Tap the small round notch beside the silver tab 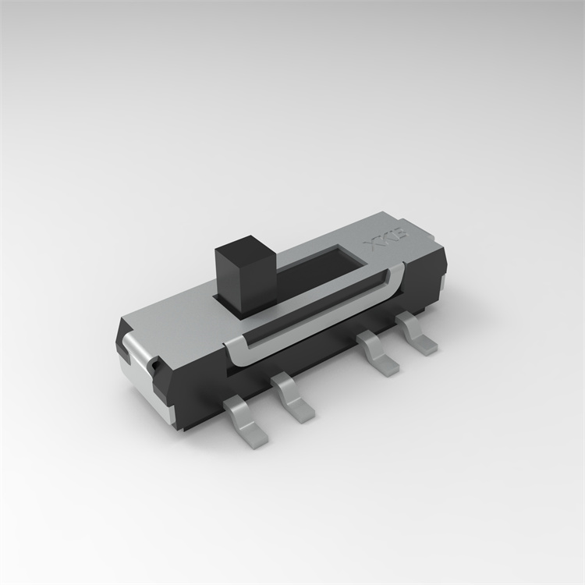156,363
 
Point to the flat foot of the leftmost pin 251,431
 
